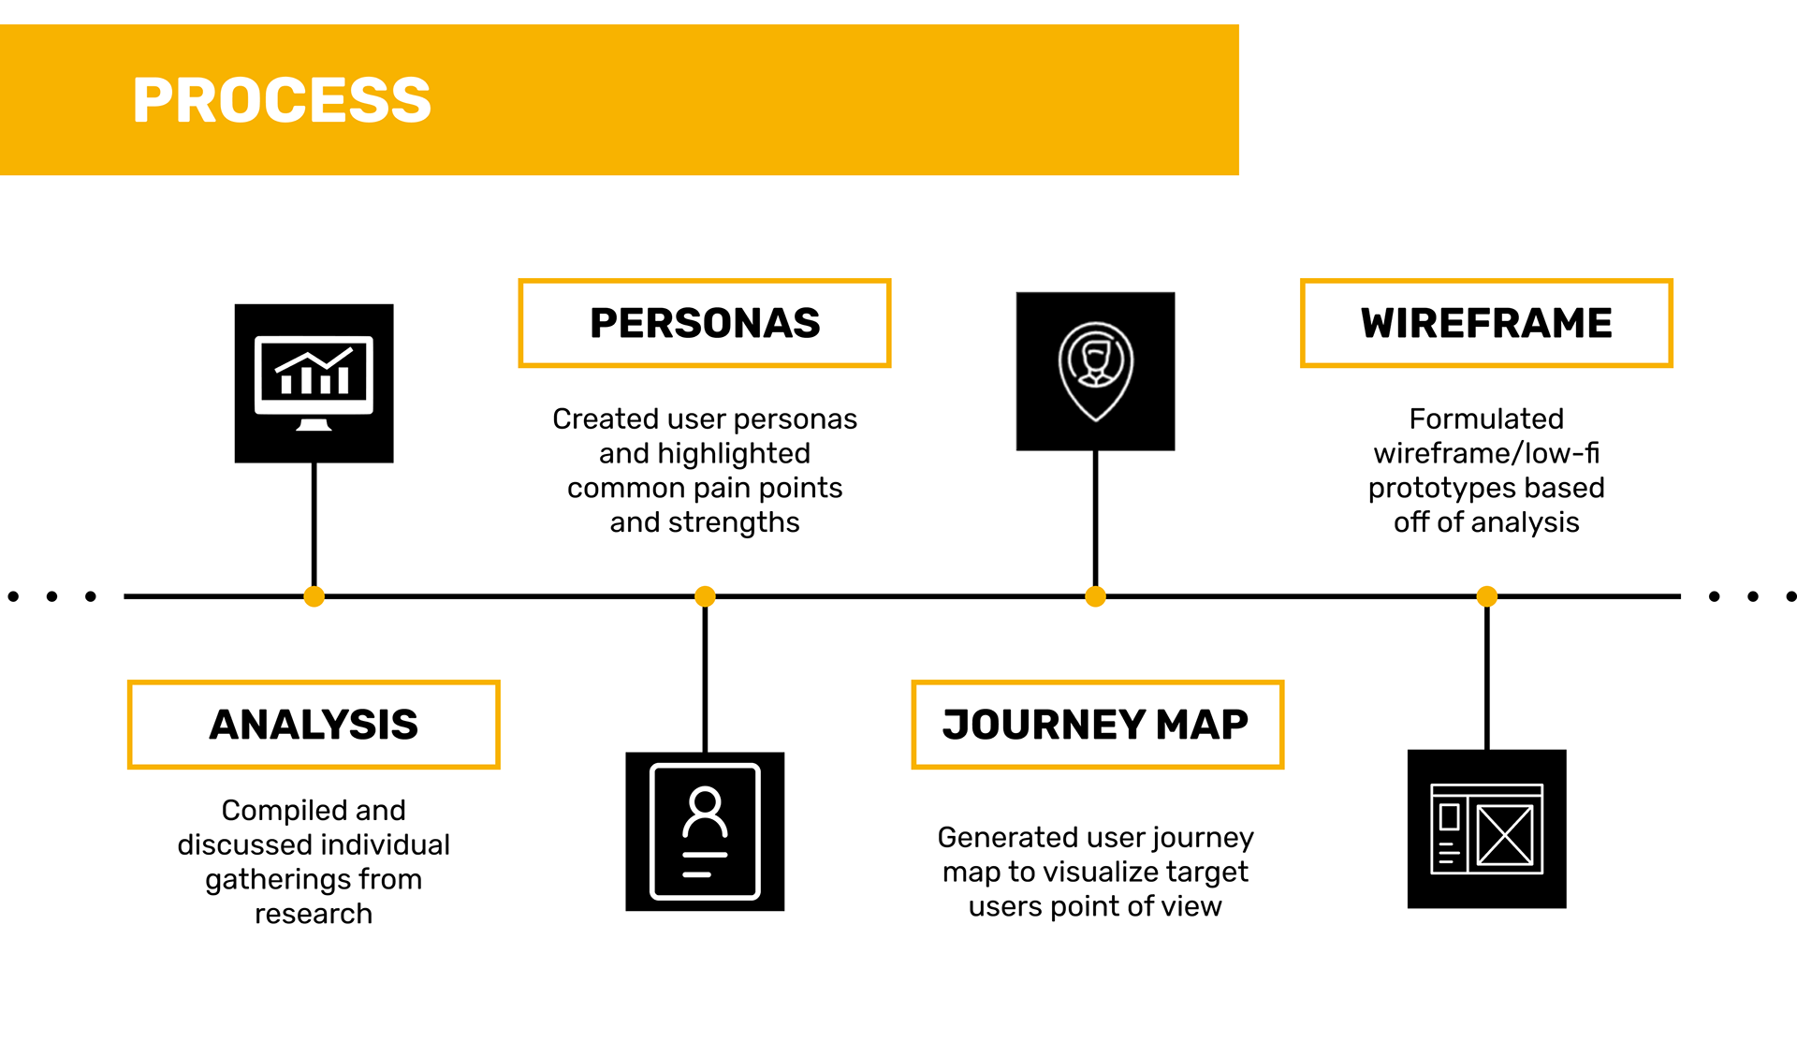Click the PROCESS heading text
(282, 100)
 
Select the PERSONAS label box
(704, 323)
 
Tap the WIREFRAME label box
(1485, 323)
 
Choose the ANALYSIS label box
(314, 725)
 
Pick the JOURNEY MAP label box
(1096, 725)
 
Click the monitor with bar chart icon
(314, 383)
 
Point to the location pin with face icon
(1095, 371)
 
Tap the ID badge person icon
(705, 831)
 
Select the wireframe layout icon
(1486, 829)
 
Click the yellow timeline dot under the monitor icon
(314, 596)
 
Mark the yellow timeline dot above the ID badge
(705, 596)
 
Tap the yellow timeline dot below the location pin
(1095, 596)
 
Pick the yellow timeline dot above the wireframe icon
(1486, 596)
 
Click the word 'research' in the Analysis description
(314, 914)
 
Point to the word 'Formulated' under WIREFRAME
(1486, 418)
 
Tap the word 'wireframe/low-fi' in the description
(1486, 453)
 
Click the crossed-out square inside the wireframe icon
(1505, 835)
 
